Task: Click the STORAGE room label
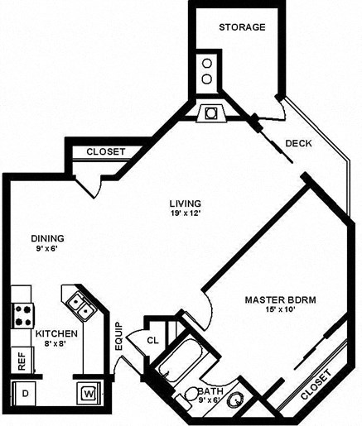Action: (242, 27)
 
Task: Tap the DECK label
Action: (298, 144)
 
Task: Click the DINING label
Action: (47, 238)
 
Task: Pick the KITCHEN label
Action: (56, 333)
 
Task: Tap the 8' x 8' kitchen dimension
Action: (56, 345)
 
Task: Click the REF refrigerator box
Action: (18, 361)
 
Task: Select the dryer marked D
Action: (24, 394)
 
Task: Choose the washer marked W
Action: (87, 394)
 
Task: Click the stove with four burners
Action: (22, 314)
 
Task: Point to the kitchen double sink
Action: (80, 304)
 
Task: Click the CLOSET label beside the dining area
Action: (105, 152)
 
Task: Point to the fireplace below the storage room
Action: (210, 112)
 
